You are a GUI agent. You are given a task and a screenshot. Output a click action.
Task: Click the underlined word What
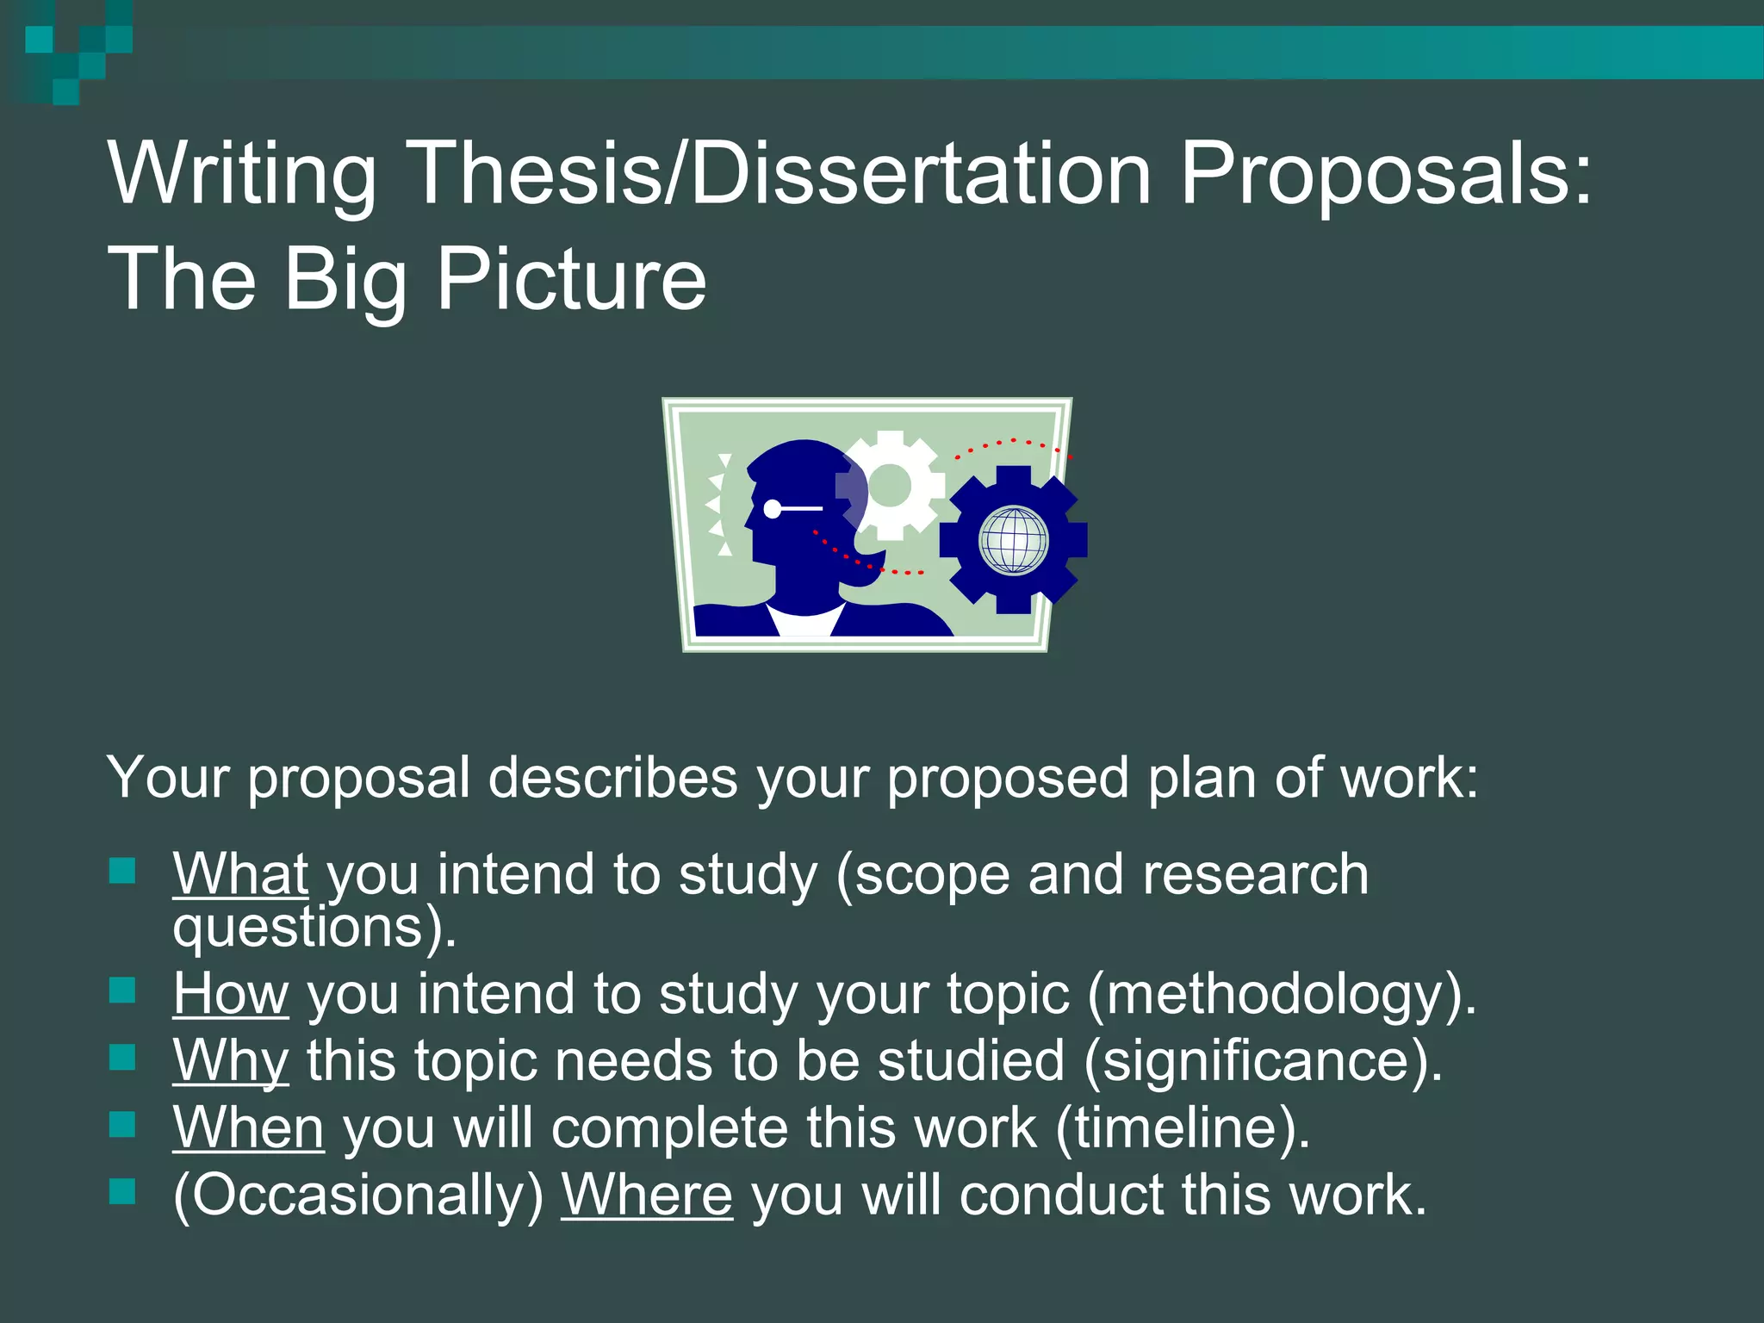[x=240, y=874]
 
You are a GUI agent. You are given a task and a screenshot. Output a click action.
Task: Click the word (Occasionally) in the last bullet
[x=358, y=1196]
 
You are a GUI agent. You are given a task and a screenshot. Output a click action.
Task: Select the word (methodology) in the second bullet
[x=1282, y=995]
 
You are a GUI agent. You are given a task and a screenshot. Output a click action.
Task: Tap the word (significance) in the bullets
[x=1263, y=1061]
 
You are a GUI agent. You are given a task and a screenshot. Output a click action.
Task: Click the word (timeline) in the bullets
[x=1182, y=1128]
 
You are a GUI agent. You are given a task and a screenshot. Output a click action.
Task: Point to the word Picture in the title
[x=571, y=279]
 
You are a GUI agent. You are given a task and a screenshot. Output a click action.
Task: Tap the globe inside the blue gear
[x=1014, y=540]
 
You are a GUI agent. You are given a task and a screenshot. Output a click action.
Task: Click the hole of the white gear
[x=889, y=486]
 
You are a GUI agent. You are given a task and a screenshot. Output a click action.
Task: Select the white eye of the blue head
[x=773, y=509]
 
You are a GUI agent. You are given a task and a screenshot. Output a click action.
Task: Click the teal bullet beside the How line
[x=123, y=991]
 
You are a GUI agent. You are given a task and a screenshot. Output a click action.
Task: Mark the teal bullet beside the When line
[x=123, y=1124]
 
